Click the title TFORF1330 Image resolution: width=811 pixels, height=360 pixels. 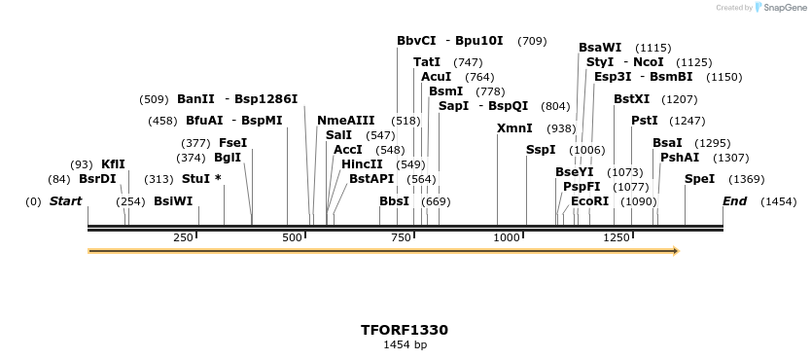tap(405, 330)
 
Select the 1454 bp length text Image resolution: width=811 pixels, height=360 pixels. tap(405, 344)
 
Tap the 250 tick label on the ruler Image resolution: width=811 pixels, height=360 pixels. tap(183, 238)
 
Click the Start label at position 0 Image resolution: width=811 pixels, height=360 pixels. tap(66, 201)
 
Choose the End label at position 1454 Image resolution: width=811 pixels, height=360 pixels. tap(735, 201)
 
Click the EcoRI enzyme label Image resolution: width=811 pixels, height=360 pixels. tap(589, 201)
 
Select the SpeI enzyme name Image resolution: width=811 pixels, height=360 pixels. tap(699, 179)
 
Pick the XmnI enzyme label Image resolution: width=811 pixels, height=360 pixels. tap(514, 128)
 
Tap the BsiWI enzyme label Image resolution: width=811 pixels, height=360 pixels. tap(173, 201)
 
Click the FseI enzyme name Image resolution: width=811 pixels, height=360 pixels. tap(232, 143)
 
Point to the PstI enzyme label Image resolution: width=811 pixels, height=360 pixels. tap(644, 121)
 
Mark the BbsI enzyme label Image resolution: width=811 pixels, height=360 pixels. tap(394, 201)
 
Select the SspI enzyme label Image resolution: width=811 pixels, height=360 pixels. tap(541, 150)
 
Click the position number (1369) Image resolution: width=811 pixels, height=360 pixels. tap(747, 179)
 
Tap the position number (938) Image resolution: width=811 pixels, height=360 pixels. tap(561, 128)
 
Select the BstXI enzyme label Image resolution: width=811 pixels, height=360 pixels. tap(632, 99)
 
